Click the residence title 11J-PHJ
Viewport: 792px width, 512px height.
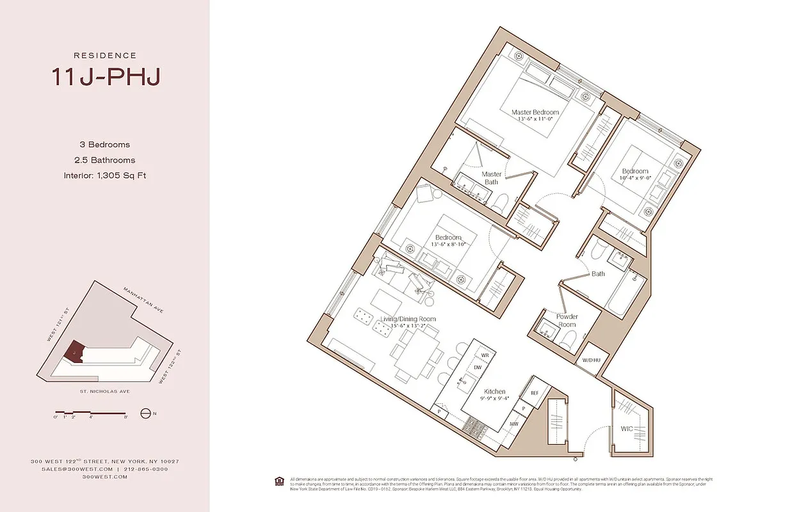point(105,77)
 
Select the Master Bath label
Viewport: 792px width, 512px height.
point(491,178)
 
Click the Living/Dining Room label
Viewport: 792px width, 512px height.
point(408,319)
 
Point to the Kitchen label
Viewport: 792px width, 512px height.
point(494,392)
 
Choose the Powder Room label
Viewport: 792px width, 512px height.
point(567,321)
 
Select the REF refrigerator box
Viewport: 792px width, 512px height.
point(534,394)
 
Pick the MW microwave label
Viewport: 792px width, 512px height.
point(513,424)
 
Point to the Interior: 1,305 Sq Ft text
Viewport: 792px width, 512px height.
point(105,175)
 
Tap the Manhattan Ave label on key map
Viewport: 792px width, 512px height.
point(145,299)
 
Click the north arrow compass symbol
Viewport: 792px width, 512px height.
point(146,413)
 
